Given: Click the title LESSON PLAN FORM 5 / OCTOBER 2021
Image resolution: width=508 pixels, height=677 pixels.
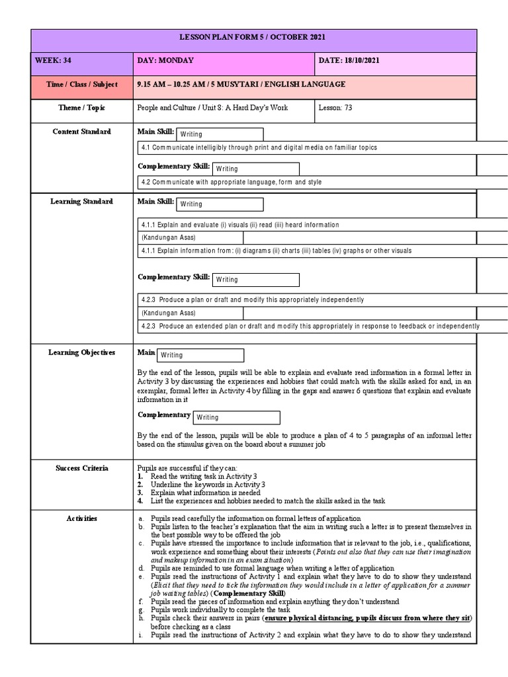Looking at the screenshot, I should click(x=254, y=38).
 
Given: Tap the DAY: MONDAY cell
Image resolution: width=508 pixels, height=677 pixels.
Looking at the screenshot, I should click(x=165, y=61).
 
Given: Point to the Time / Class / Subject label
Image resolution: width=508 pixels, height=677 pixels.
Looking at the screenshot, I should click(x=82, y=85).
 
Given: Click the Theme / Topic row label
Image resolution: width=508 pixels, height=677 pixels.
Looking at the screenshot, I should click(x=82, y=108).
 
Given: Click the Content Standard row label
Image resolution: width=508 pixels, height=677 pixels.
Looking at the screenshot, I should click(x=82, y=132).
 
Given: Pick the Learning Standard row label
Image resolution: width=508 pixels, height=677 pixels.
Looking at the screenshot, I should click(x=82, y=202).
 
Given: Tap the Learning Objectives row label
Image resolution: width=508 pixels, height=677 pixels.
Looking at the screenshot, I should click(x=82, y=352).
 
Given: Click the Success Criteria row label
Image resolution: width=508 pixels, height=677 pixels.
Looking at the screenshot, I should click(x=82, y=468).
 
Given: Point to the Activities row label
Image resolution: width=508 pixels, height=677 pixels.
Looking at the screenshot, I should click(x=82, y=518).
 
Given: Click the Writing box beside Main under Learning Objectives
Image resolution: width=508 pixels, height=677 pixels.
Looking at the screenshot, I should click(x=200, y=356).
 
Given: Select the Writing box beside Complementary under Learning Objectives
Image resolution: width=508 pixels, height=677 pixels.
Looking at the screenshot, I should click(x=236, y=418).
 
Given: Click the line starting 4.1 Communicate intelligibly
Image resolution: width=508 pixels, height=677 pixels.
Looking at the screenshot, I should click(x=258, y=147).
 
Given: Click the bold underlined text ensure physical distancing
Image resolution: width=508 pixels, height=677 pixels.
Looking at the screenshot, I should click(x=308, y=619).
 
